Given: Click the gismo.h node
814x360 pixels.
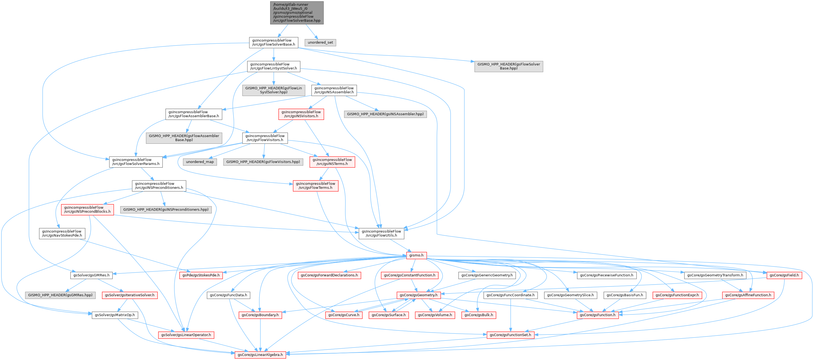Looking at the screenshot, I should tap(416, 255).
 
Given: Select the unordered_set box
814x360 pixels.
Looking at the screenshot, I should tap(320, 42).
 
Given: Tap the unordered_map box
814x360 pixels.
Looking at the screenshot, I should tap(200, 162).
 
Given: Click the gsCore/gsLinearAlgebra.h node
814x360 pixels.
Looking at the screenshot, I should tap(260, 355).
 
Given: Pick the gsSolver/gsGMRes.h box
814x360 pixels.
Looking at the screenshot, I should tap(91, 275).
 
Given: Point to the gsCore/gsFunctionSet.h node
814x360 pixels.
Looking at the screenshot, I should tap(510, 335).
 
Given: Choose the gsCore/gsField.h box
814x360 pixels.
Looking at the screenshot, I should tap(784, 275).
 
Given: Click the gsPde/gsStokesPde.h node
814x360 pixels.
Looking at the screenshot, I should tap(201, 275).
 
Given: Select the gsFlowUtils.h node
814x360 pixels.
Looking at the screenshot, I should tap(381, 233).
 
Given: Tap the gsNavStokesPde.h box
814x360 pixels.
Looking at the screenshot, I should tap(62, 233).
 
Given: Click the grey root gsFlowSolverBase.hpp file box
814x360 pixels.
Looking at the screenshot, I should tap(297, 13).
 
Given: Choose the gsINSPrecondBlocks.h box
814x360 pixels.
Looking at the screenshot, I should tap(88, 209).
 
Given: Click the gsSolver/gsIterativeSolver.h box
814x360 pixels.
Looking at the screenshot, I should tap(130, 295).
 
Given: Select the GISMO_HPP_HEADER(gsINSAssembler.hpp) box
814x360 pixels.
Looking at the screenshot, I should tap(385, 114).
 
